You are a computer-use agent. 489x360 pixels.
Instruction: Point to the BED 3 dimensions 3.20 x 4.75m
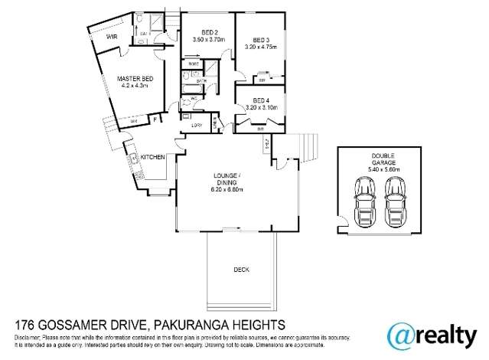click(262, 46)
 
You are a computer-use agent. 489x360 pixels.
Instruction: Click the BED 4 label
click(261, 100)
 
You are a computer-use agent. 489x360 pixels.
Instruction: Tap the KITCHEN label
click(152, 157)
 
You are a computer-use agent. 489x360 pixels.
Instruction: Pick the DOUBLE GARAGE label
click(380, 159)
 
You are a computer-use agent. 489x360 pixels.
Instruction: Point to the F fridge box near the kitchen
click(155, 119)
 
